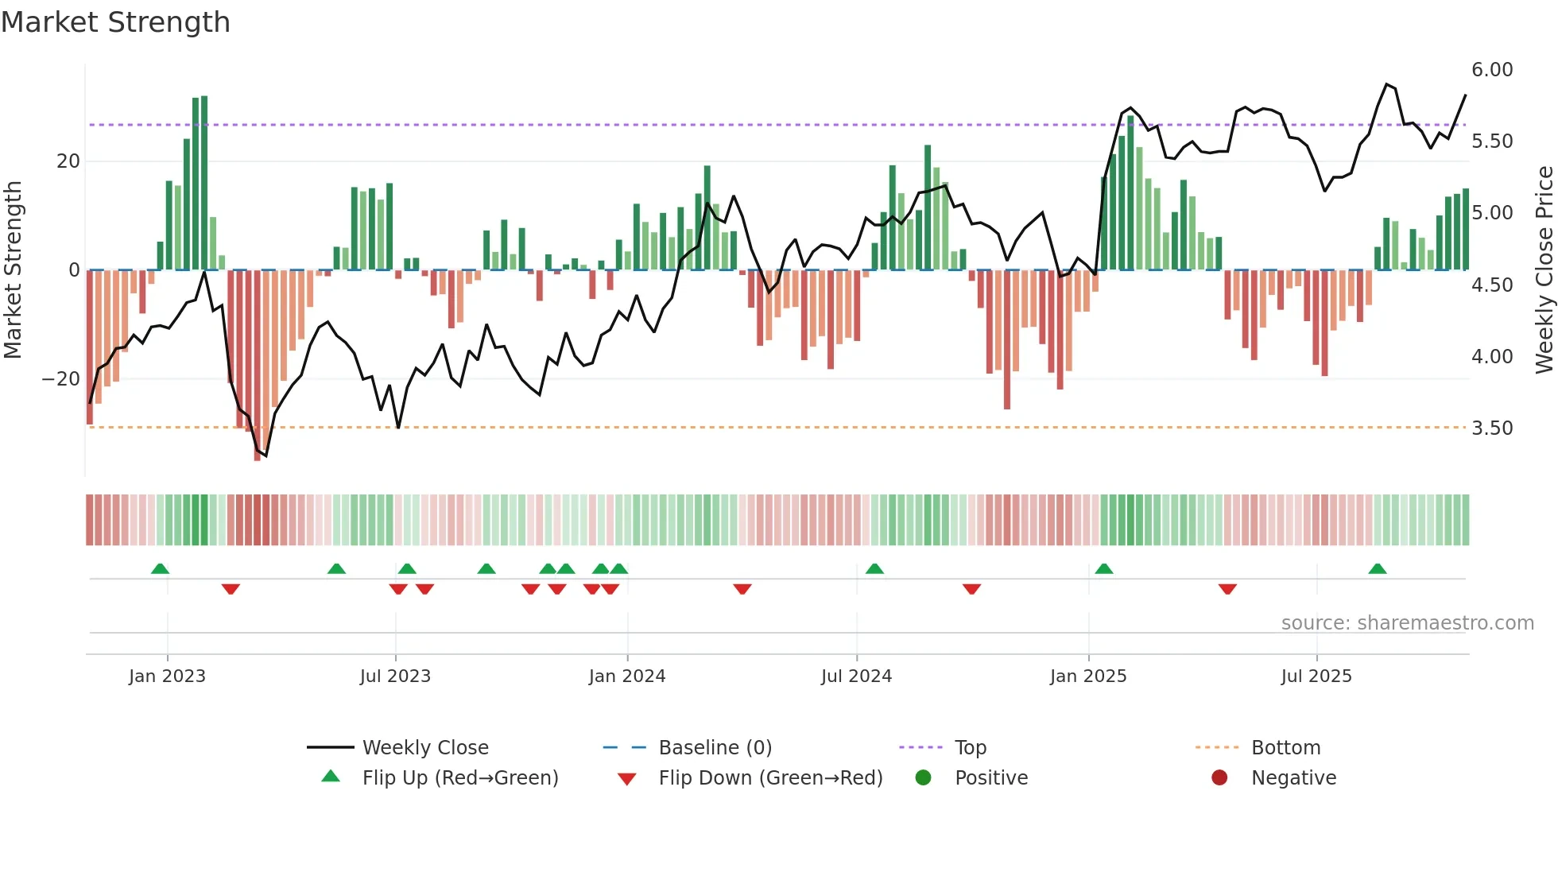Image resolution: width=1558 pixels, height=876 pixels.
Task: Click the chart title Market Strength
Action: pos(116,22)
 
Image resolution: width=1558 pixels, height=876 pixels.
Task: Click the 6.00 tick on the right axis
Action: pos(1491,70)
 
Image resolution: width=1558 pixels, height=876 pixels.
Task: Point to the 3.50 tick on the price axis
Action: pos(1491,428)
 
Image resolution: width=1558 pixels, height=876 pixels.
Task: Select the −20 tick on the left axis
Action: pos(61,379)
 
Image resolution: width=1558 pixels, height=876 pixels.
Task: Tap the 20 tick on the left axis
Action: pos(68,161)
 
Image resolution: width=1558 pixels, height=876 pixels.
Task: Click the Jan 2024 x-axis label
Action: pos(626,676)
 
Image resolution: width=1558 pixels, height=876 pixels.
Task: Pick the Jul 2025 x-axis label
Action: pos(1316,676)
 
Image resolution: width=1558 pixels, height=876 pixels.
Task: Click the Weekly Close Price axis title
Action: pos(1544,270)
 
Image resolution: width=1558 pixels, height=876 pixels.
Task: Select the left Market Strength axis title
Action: pos(13,270)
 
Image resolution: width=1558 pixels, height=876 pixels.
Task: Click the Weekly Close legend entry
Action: pos(424,748)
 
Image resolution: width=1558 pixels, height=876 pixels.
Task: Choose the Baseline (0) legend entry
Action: pos(715,748)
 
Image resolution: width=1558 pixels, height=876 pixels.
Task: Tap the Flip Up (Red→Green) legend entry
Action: pos(459,778)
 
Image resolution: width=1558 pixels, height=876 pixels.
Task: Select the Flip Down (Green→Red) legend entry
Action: pos(769,778)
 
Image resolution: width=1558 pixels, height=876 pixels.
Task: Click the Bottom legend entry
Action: pos(1285,748)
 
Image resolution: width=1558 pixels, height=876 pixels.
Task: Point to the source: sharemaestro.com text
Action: pos(1407,623)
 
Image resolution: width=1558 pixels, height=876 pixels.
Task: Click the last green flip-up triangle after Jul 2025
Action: pos(1378,569)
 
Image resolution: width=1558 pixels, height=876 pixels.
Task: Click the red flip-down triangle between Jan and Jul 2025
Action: pos(1227,589)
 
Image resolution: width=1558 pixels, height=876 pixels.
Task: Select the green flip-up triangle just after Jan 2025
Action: pos(1103,569)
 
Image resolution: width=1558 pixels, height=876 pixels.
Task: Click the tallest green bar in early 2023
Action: pos(204,183)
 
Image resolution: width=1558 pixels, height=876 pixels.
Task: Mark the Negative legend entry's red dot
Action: pos(1219,778)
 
